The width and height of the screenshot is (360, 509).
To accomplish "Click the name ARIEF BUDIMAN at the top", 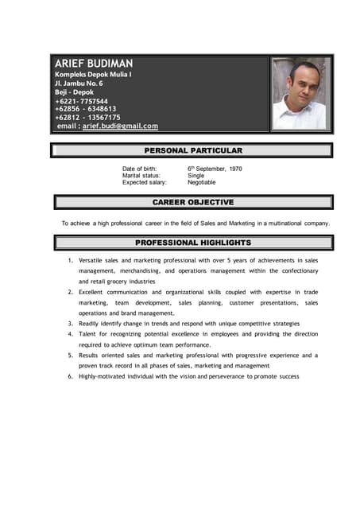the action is pos(94,63).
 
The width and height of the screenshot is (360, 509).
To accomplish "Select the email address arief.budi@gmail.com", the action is pos(120,126).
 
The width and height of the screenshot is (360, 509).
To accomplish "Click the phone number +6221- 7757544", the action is pos(82,101).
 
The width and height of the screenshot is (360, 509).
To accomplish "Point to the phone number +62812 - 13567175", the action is pos(87,117).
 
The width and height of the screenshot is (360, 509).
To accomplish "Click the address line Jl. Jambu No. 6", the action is pos(79,83).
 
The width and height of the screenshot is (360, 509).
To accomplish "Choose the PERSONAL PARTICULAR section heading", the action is pos(193,150).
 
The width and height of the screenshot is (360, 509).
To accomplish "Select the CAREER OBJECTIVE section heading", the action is pos(193,202).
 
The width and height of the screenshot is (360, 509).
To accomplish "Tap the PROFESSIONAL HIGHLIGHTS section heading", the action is pos(193,243).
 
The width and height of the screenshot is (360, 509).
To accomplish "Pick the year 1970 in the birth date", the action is pos(235,169).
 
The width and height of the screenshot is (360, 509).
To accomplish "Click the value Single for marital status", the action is pos(195,176).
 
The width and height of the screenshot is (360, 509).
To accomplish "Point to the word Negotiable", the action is pos(201,182).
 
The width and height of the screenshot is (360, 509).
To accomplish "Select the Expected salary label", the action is pos(145,182).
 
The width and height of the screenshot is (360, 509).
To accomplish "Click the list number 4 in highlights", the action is pos(71,335).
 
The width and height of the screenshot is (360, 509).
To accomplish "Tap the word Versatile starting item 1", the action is pos(94,260).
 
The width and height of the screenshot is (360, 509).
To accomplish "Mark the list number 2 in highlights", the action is pos(71,293).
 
